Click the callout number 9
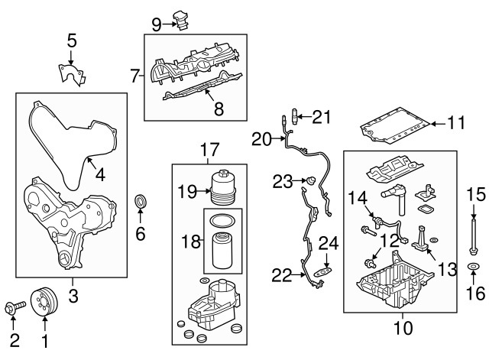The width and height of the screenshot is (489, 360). (157, 23)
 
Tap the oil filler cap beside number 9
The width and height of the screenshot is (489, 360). (182, 18)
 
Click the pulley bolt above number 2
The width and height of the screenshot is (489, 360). (15, 309)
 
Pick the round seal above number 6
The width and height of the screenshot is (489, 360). (141, 203)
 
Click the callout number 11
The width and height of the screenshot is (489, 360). (455, 122)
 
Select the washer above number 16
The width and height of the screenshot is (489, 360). (472, 268)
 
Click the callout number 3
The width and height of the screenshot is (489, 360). (73, 294)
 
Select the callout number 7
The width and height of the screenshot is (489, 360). (134, 76)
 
